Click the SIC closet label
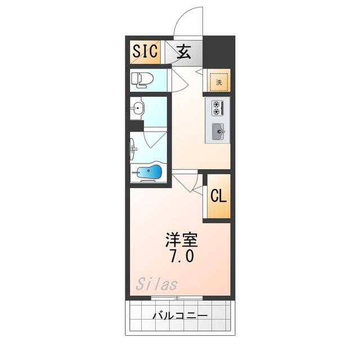click(x=145, y=51)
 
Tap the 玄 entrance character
click(x=184, y=51)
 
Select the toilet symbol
click(x=142, y=80)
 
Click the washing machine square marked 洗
click(x=219, y=82)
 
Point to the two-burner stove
click(x=218, y=108)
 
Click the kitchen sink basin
click(x=218, y=132)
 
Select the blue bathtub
click(x=148, y=172)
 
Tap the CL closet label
click(x=219, y=196)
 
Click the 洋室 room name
click(x=181, y=240)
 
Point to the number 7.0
click(x=182, y=256)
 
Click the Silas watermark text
click(x=157, y=283)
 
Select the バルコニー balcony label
click(x=180, y=316)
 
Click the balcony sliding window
click(x=177, y=298)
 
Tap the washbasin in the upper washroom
click(x=137, y=107)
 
